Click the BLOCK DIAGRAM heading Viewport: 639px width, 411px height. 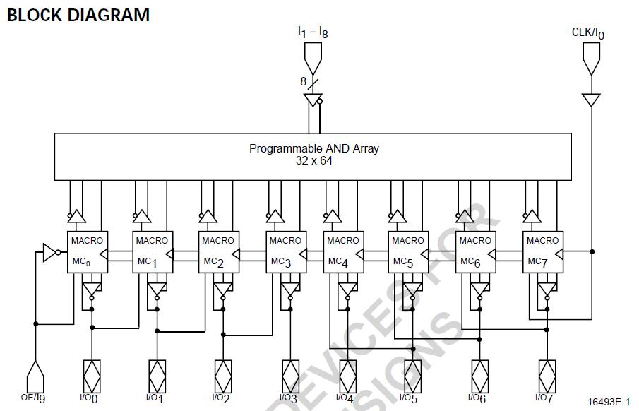(78, 15)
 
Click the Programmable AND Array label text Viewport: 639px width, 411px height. (314, 148)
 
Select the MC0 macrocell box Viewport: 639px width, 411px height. (86, 251)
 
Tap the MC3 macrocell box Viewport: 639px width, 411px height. (285, 251)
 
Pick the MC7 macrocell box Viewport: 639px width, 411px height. (542, 251)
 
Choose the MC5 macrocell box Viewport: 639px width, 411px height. (407, 251)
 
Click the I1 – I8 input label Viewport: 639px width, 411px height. (312, 32)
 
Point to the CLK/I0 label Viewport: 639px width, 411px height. (588, 33)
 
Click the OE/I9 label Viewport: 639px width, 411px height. (32, 398)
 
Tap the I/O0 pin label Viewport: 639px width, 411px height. (90, 398)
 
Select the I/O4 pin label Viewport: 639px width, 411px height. (345, 398)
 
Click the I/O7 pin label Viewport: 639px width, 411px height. (544, 398)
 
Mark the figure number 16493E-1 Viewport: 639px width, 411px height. (608, 402)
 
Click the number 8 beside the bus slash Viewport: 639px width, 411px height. (304, 82)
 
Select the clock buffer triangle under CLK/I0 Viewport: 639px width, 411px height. (591, 100)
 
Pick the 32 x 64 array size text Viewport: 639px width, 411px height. (314, 160)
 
